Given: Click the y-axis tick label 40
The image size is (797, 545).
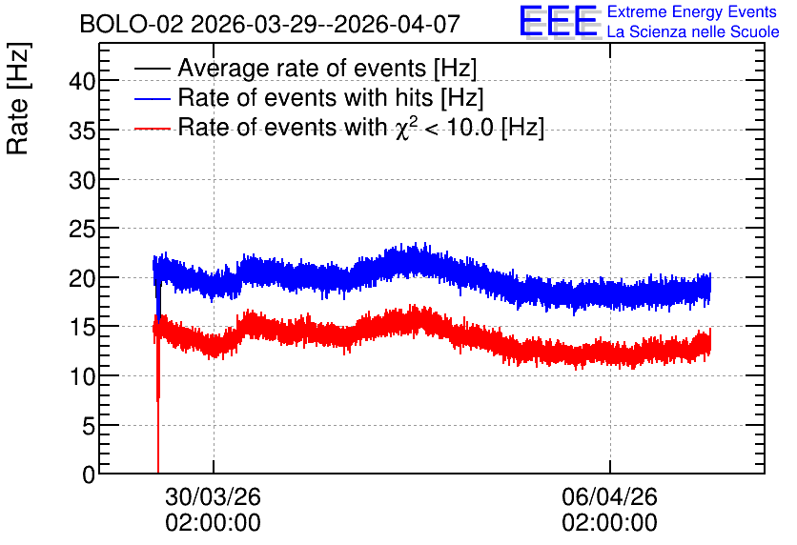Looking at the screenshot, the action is [82, 81].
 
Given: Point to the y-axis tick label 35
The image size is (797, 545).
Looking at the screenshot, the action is [82, 131].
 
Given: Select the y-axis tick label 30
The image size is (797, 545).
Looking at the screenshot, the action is [82, 180].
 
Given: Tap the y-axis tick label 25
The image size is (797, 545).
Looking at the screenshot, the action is [82, 229].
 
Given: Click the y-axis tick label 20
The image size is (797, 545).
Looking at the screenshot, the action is [82, 278].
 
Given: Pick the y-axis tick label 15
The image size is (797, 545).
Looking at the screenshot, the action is [82, 328].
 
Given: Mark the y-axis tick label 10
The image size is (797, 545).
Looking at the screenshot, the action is [82, 377].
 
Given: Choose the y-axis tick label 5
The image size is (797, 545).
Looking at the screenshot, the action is [89, 426].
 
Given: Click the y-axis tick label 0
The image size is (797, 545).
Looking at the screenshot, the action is [89, 474].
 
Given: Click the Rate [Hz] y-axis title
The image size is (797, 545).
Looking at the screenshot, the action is [18, 98].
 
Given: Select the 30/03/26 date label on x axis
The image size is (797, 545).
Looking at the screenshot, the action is [213, 496].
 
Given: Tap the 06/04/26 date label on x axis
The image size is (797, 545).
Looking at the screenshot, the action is [609, 496].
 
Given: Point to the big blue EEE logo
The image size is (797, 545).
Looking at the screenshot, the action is [559, 21].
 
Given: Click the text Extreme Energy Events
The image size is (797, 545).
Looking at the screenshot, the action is [692, 11].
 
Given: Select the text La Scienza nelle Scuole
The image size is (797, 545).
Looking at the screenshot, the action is [693, 31].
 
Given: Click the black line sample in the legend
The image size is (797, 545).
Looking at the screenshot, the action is [152, 69].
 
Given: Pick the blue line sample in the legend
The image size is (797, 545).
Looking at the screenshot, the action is [152, 98].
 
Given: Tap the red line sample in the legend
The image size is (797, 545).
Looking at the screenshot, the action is [152, 128].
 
